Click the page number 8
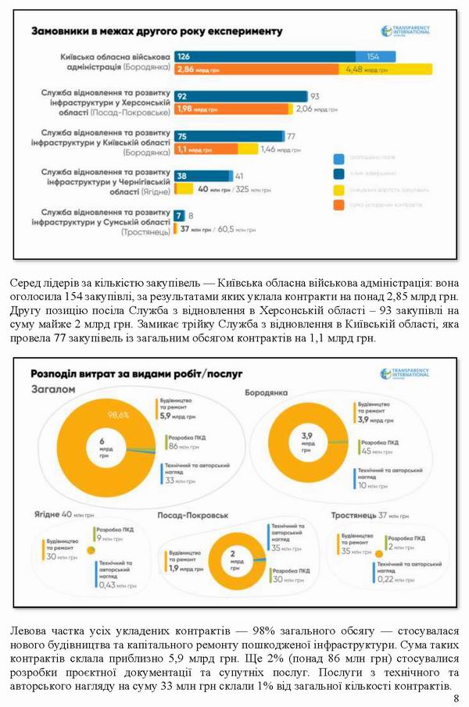pos(456,697)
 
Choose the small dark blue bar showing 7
pos(179,215)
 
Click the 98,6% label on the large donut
pos(118,414)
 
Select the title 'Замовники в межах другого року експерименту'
pos(156,33)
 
